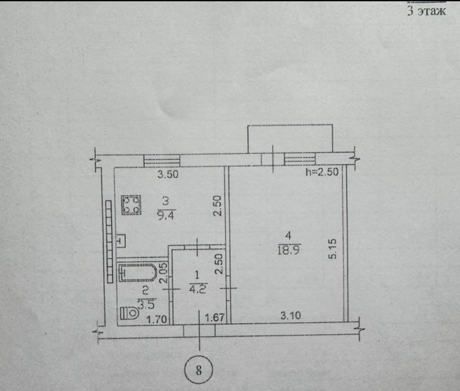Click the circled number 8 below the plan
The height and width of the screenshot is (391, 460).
198,369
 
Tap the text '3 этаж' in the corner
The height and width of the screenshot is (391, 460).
427,11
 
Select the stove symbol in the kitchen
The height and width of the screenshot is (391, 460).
131,205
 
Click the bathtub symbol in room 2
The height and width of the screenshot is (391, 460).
138,273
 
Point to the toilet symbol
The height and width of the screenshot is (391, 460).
130,313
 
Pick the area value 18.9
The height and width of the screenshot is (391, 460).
289,250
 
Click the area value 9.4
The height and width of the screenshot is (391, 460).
166,215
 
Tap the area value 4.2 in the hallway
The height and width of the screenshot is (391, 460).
198,289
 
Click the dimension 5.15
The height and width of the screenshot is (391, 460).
332,249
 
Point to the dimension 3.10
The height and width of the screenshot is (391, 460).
291,316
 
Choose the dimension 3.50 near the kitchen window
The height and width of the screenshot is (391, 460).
168,174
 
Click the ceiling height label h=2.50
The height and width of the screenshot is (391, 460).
322,172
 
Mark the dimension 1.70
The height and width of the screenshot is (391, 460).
156,319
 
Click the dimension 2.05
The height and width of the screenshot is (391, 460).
164,273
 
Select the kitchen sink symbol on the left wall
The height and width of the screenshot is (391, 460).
121,241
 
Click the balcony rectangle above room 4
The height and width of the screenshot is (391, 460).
290,139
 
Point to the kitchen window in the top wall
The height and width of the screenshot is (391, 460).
162,161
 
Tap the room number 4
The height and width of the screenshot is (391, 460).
288,235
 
